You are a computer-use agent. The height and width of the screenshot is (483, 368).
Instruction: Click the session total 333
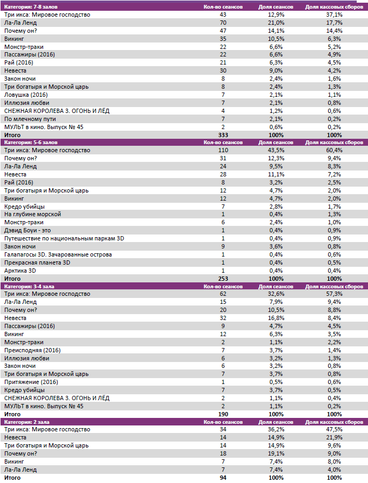[223, 134]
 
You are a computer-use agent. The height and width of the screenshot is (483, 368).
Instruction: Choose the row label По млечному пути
[30, 119]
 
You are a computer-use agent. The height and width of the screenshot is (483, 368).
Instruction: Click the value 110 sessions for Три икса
[223, 151]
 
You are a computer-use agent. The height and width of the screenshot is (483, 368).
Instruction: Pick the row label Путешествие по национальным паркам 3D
[64, 238]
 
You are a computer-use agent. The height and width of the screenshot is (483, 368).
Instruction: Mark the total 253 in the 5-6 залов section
[223, 279]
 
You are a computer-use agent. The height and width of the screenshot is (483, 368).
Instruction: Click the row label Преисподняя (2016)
[32, 350]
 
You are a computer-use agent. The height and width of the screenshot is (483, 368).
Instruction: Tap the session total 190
[223, 414]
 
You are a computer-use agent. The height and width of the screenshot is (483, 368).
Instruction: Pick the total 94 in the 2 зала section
[223, 478]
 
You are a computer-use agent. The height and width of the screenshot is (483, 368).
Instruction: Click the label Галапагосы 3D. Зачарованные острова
[58, 254]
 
